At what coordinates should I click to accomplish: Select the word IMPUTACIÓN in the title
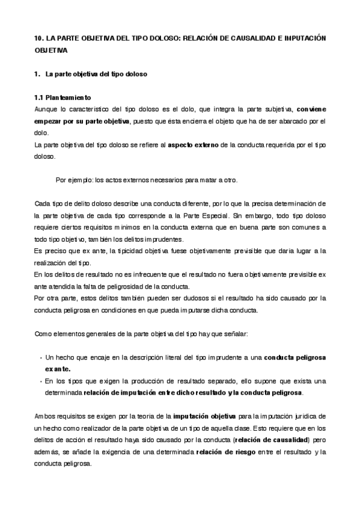pyautogui.click(x=305, y=38)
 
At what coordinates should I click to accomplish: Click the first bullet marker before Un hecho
pyautogui.click(x=40, y=357)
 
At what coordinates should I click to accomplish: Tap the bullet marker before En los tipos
pyautogui.click(x=40, y=381)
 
